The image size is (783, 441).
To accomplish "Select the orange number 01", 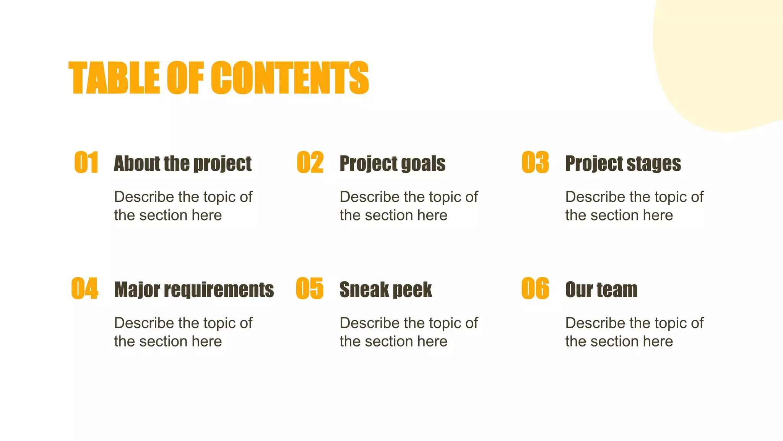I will tap(86, 162).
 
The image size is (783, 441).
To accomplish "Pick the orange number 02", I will tap(310, 162).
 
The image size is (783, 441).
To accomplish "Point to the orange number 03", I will tap(535, 162).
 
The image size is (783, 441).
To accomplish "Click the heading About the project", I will tap(183, 164).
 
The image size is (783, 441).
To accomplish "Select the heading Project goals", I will tap(392, 164).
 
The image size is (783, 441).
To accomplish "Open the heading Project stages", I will tap(623, 164).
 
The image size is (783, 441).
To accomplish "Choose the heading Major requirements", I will tap(194, 290).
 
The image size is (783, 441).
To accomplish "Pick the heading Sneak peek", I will tap(386, 290).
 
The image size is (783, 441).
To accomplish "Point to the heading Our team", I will tap(601, 290).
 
